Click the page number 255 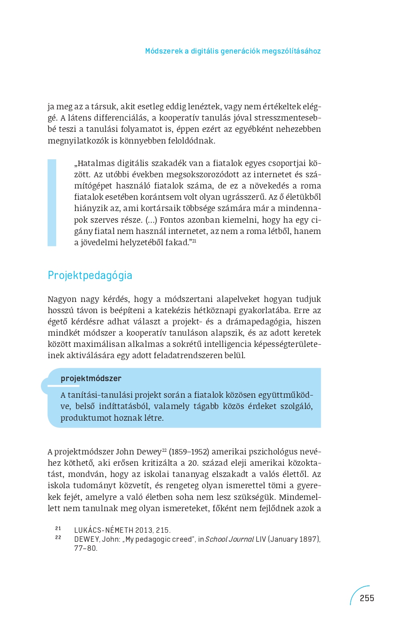point(367,598)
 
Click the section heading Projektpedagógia point(90,275)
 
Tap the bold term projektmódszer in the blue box point(91,378)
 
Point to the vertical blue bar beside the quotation point(52,202)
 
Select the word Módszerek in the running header point(164,51)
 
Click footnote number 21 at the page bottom point(58,528)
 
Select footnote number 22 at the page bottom point(58,537)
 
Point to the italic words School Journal point(230,539)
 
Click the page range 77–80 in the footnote point(85,548)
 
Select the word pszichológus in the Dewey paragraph point(272,452)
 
